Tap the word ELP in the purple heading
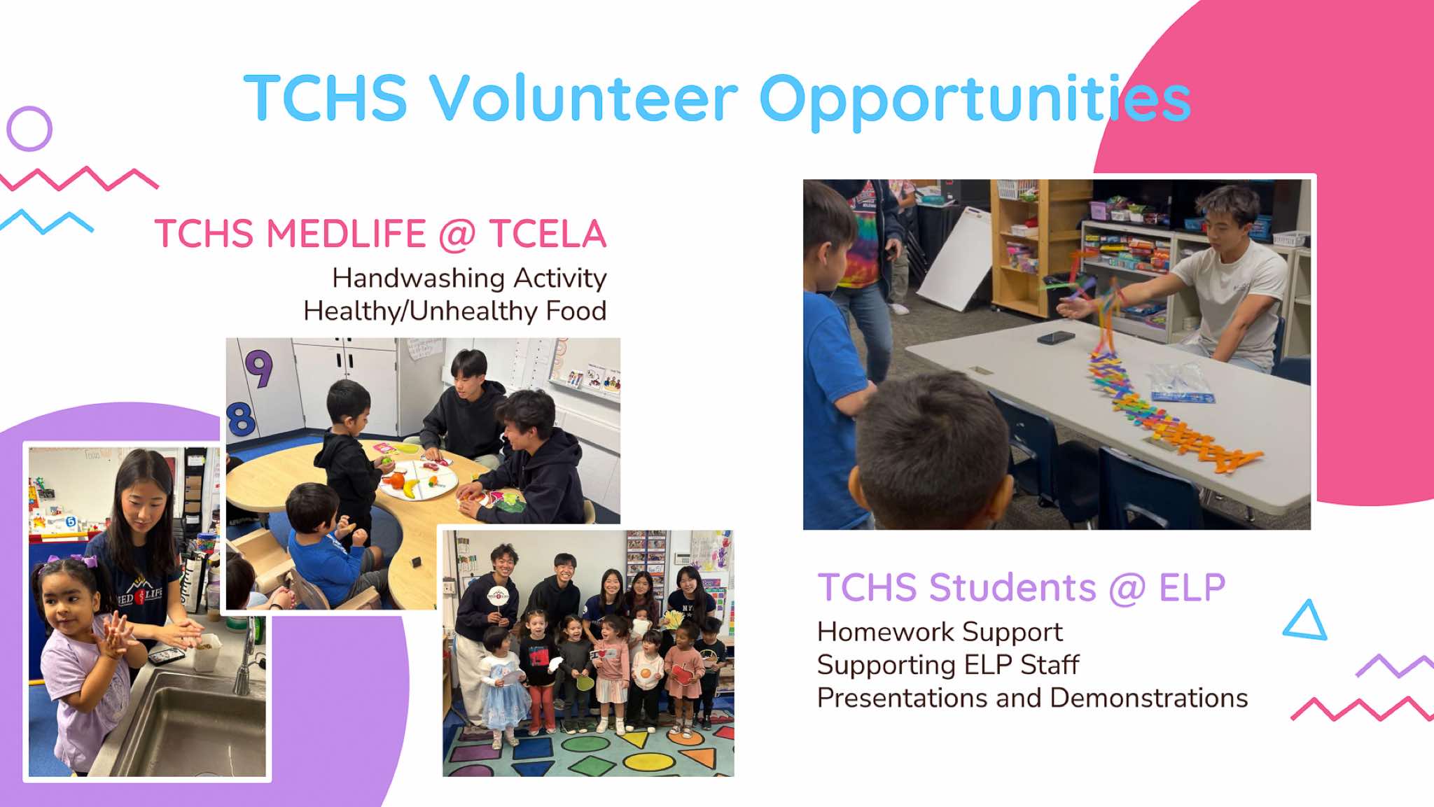[1192, 587]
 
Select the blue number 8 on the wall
[241, 419]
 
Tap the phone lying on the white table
[1055, 338]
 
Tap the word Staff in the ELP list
[1050, 665]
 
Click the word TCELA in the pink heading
[548, 234]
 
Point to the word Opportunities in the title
[975, 101]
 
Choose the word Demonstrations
[1149, 698]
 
